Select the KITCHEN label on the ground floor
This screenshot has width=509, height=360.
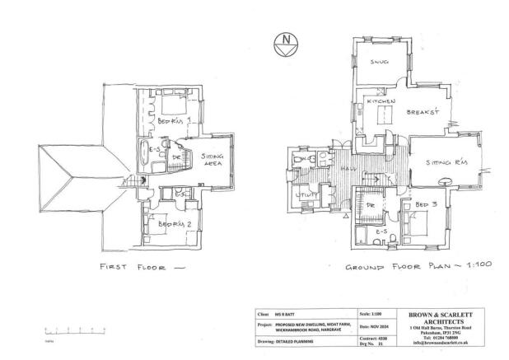tap(382, 101)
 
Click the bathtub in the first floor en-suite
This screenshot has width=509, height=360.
tap(145, 153)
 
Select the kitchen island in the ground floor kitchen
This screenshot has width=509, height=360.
tap(383, 116)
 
